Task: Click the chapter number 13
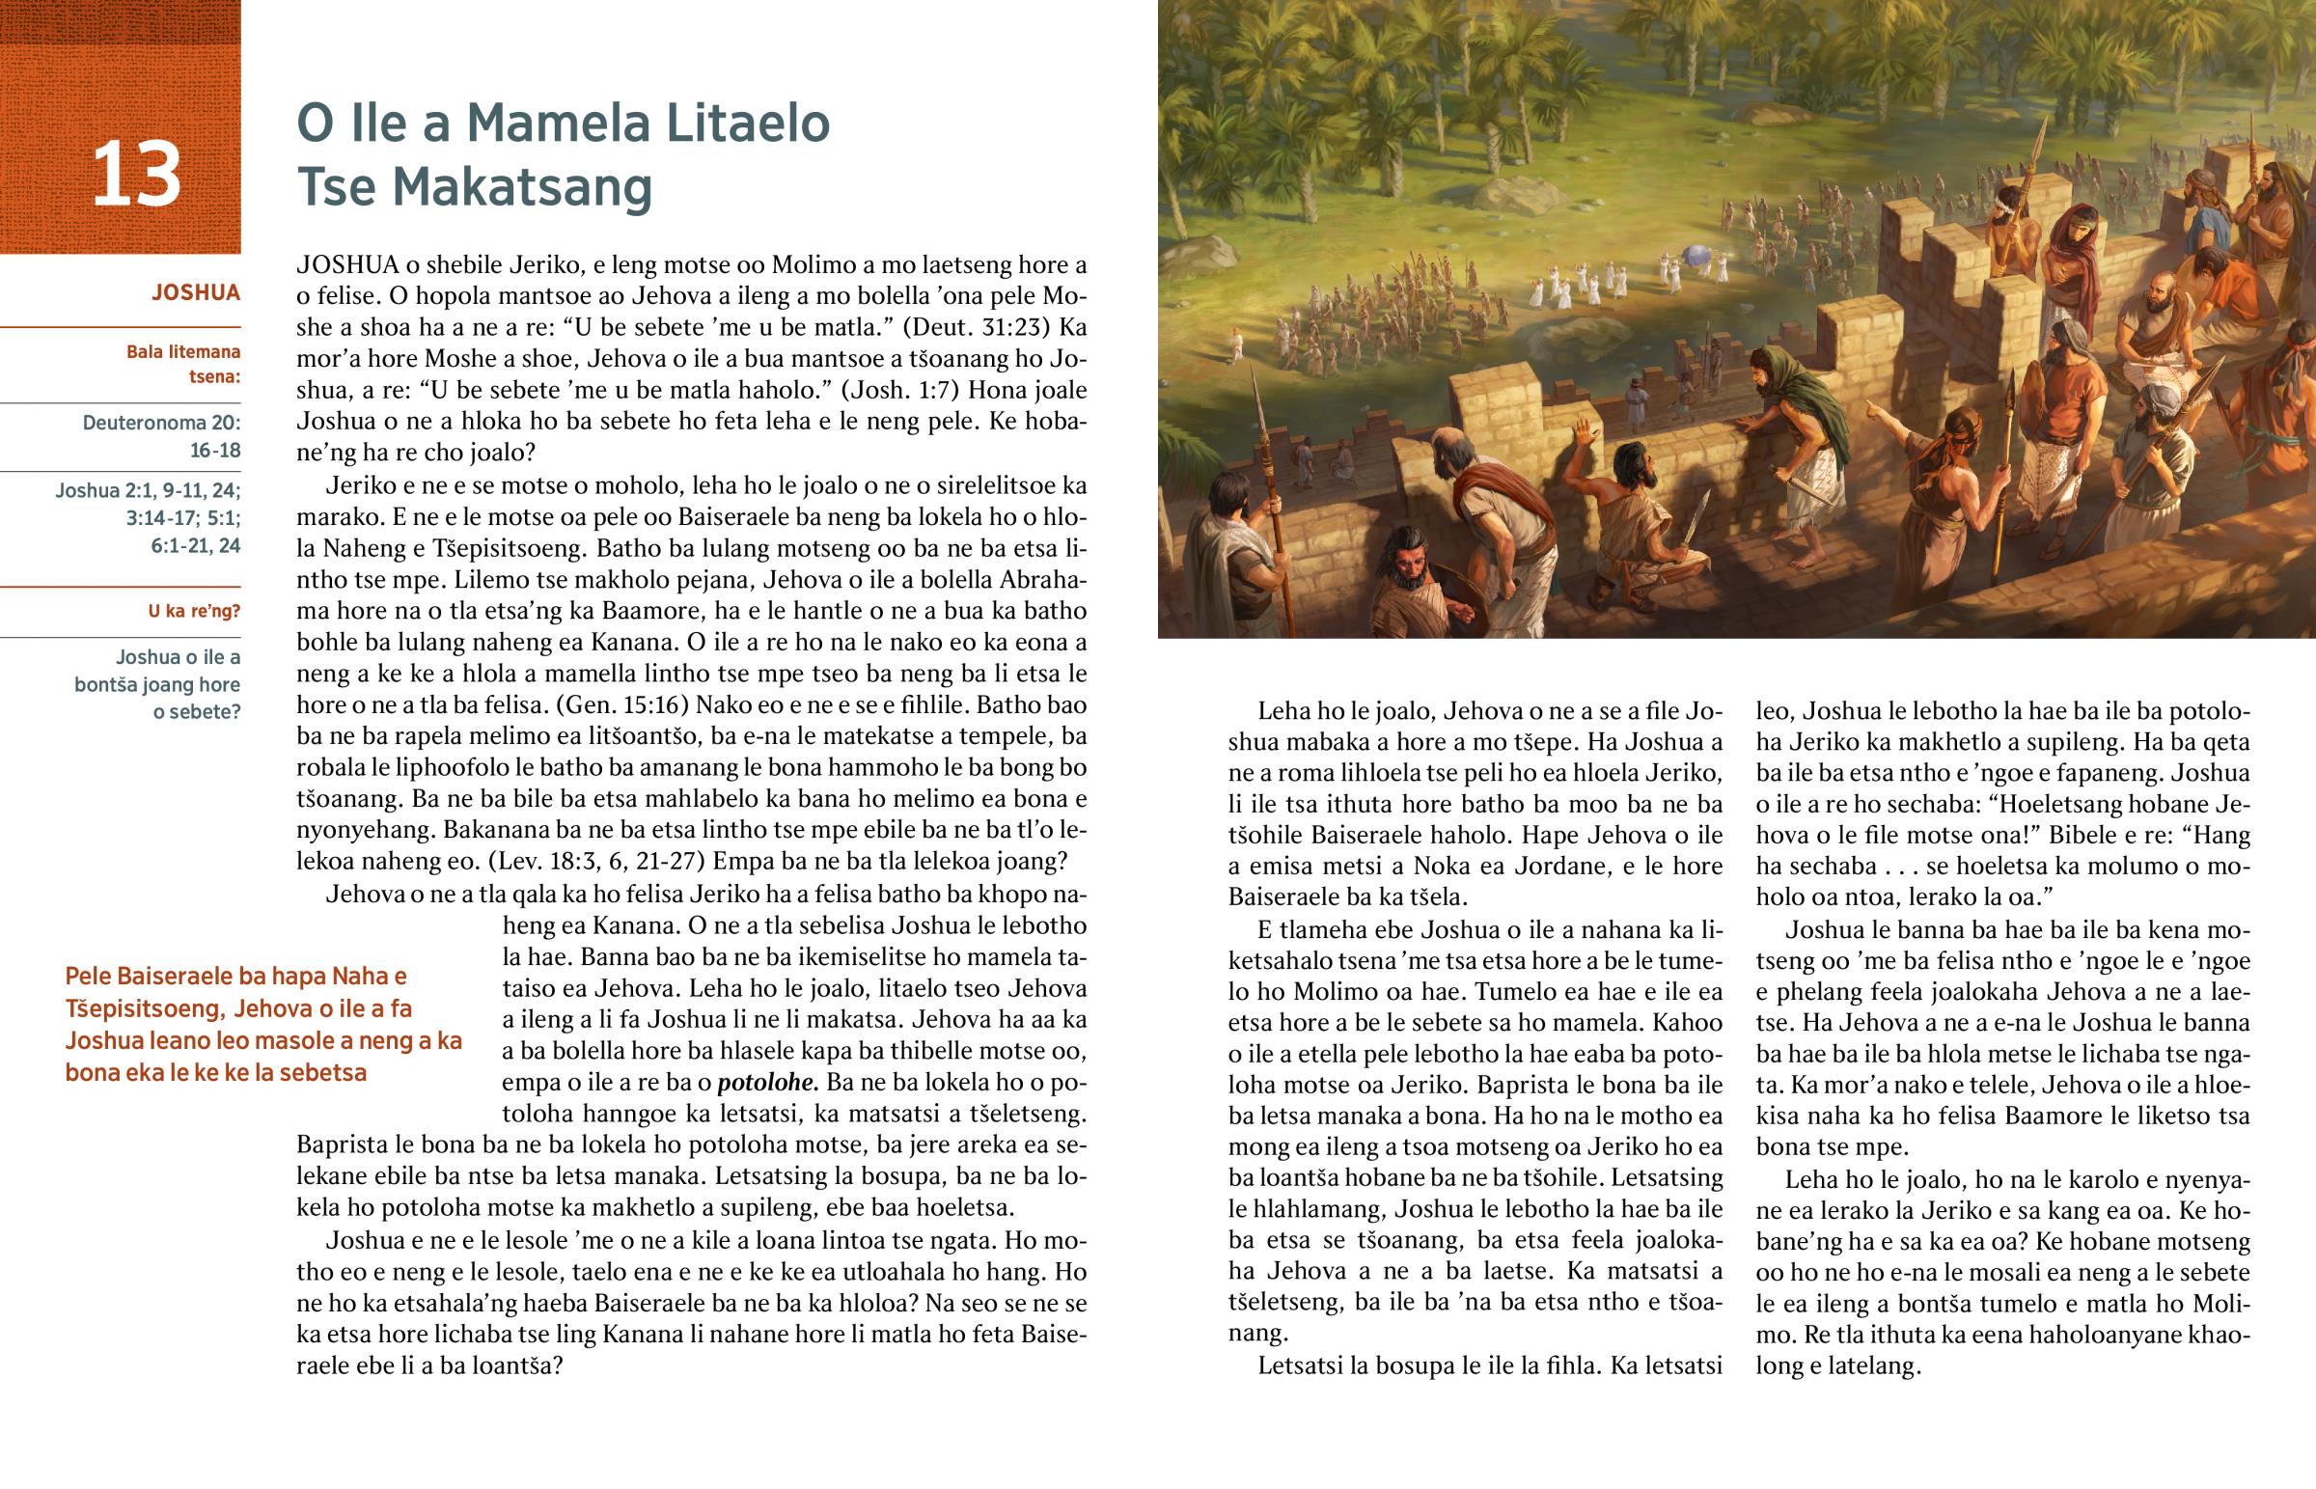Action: (x=136, y=175)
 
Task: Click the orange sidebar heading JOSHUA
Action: (x=195, y=293)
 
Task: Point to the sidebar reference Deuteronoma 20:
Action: (x=161, y=424)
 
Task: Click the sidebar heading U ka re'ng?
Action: (x=193, y=611)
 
